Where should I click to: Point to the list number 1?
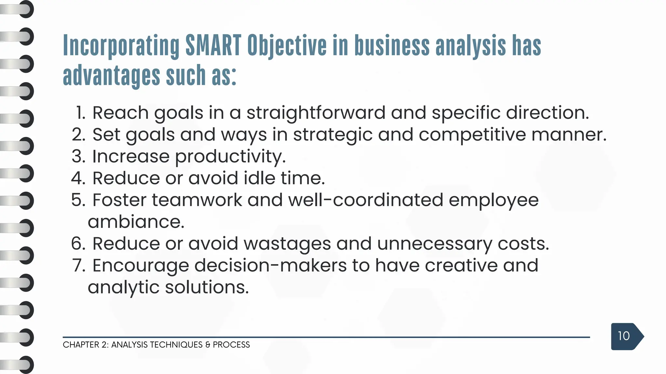80,113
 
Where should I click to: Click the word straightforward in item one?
316,113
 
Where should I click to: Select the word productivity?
230,156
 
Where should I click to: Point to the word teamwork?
197,200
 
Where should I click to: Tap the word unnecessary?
434,244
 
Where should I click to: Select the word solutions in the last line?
207,287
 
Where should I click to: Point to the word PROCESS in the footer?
231,345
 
